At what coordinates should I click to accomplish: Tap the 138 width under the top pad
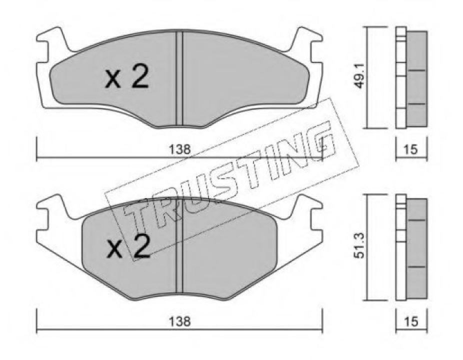click(179, 148)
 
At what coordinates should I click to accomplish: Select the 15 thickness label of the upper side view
click(411, 148)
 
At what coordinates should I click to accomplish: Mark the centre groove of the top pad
click(179, 77)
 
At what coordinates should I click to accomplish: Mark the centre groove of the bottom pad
click(179, 250)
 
